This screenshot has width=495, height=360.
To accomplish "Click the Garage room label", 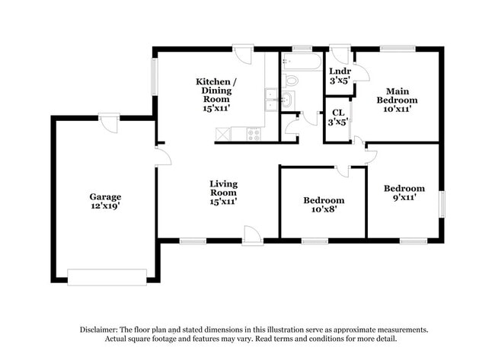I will pos(105,196).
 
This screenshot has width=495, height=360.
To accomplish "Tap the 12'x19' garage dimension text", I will pos(105,206).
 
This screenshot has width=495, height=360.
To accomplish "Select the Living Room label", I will pos(224,188).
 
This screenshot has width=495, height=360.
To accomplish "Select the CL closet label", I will pos(338,113).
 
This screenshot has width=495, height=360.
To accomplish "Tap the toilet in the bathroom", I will pos(291,79).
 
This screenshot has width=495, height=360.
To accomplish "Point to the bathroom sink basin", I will pos(288,99).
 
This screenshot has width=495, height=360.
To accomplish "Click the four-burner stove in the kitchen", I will pos(254,134).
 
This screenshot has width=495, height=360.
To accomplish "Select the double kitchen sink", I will pos(270,100).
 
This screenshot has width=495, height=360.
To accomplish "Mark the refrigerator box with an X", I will pos(224,134).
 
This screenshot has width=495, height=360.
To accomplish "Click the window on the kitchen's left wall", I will pos(154,76).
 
